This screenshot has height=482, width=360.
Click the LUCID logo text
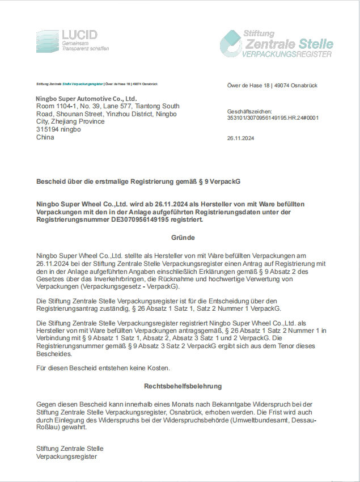tap(80, 35)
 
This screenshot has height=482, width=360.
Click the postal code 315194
tap(47, 129)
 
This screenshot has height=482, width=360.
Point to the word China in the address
tap(45, 137)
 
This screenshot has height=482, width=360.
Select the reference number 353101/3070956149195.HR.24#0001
tap(273, 119)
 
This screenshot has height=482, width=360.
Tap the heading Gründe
tap(183, 238)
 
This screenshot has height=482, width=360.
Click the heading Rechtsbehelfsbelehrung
tap(183, 386)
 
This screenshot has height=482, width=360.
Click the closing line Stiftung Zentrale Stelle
tap(69, 449)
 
